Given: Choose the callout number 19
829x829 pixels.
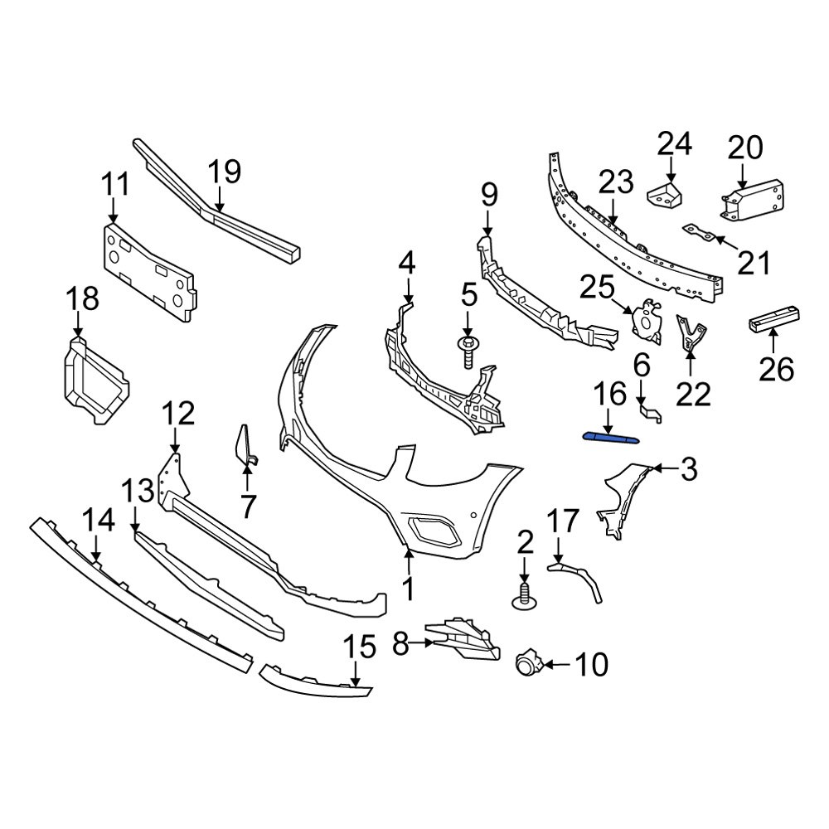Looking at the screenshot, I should pos(224,172).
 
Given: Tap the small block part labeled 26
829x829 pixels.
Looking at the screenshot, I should pos(777,318).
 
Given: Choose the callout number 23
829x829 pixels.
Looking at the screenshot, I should pos(616,181).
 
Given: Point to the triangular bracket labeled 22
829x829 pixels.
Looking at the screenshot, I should pos(690,333).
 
